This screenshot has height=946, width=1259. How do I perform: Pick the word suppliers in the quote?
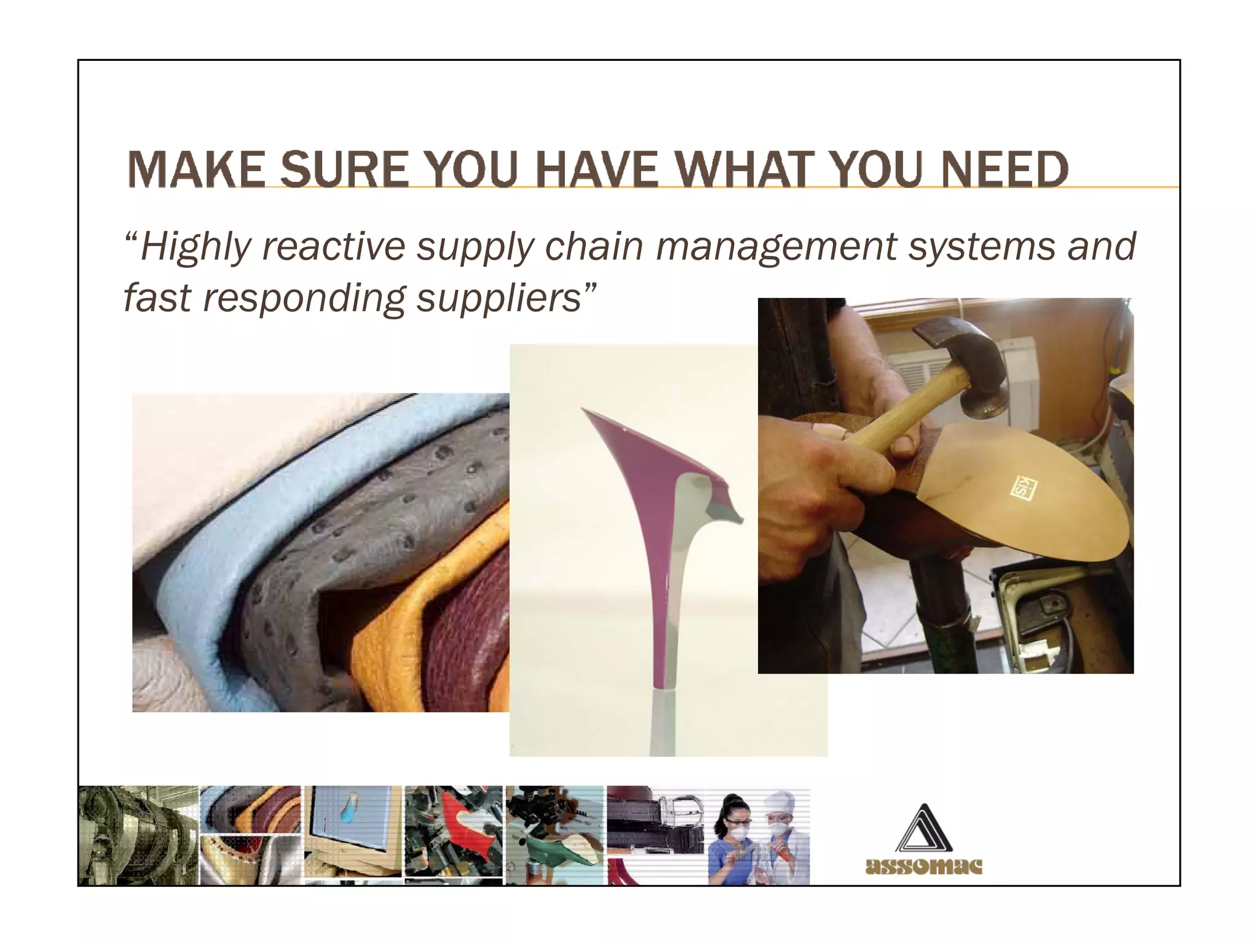click(499, 299)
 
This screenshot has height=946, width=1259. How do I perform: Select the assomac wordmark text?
click(923, 867)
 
